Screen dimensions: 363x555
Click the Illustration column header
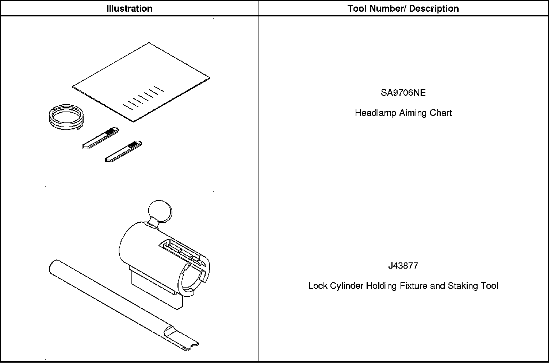tap(129, 8)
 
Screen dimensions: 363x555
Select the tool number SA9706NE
tap(403, 93)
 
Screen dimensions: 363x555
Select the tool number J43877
tap(403, 266)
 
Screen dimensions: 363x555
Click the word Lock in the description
tap(318, 286)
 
